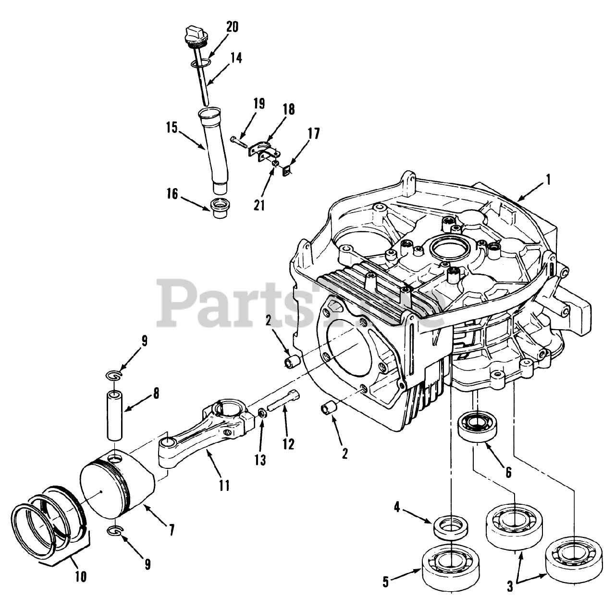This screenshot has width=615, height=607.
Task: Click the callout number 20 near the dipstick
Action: pyautogui.click(x=232, y=27)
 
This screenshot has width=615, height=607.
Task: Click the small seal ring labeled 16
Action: pyautogui.click(x=216, y=207)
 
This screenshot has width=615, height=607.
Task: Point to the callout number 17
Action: pyautogui.click(x=313, y=133)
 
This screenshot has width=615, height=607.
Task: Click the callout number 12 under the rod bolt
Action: pyautogui.click(x=288, y=443)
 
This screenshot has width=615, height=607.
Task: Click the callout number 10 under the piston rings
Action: pyautogui.click(x=81, y=576)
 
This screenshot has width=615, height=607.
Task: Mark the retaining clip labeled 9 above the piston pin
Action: pyautogui.click(x=114, y=374)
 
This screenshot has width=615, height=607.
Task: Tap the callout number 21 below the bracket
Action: pyautogui.click(x=260, y=205)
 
